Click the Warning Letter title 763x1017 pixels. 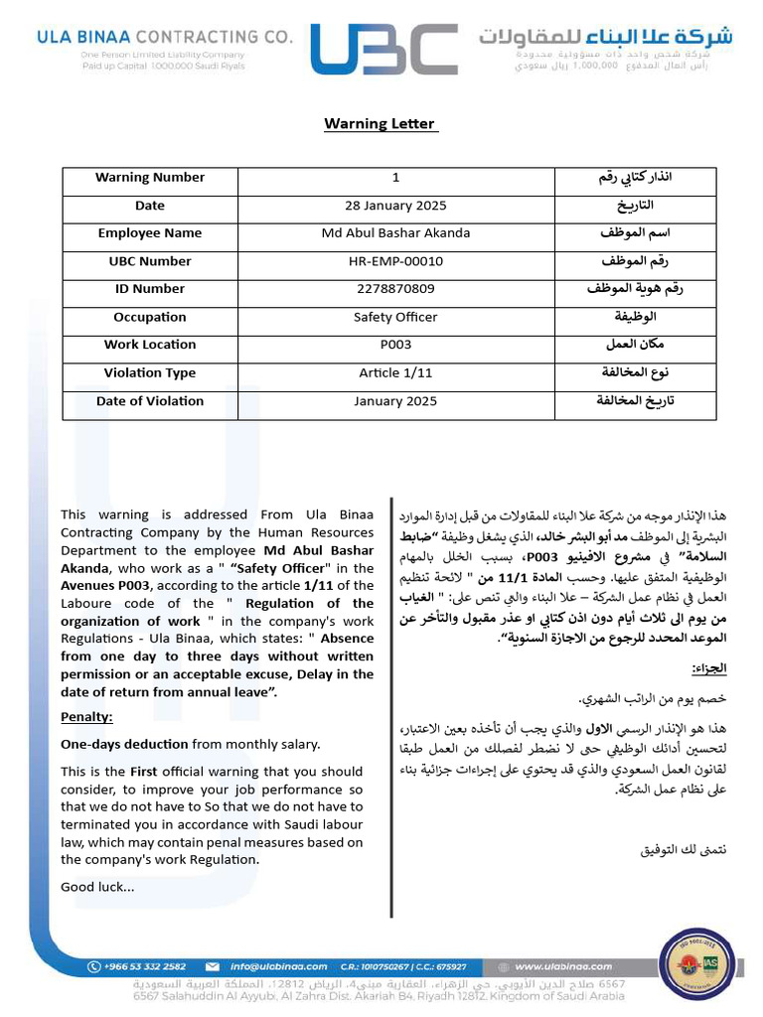coord(380,124)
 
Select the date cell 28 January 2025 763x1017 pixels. coord(395,206)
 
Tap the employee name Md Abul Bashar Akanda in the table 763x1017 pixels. coord(395,233)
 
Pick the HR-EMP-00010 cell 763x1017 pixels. coord(395,261)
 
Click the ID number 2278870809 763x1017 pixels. coord(395,289)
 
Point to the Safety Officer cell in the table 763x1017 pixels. coord(395,318)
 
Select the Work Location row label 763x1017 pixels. coord(150,345)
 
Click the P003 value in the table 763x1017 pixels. coord(395,345)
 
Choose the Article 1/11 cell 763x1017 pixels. coord(395,373)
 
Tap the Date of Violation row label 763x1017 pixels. coord(150,401)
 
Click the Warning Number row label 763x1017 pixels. coord(150,178)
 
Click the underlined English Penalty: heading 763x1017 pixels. coord(86,717)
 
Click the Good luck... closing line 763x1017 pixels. coord(97,887)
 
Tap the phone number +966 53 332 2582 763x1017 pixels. coord(144,966)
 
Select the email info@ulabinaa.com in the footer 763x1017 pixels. coord(277,966)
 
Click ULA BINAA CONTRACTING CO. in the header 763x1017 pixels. coord(165,37)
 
